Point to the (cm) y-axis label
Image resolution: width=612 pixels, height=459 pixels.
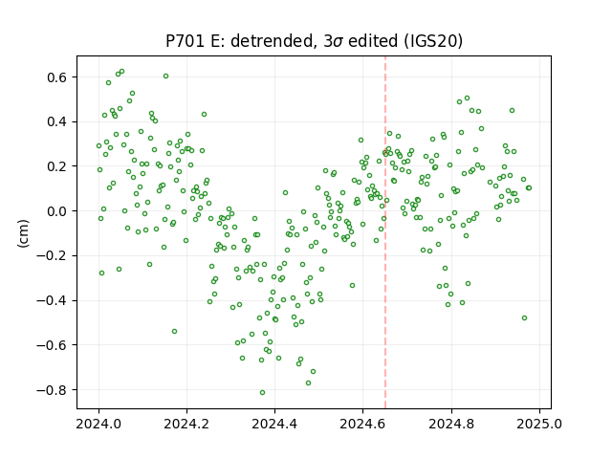click(x=23, y=233)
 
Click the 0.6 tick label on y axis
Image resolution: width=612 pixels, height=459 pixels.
click(x=57, y=77)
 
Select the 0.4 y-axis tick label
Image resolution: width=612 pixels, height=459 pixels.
click(x=57, y=121)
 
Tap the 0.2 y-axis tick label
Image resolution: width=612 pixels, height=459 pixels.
click(x=57, y=166)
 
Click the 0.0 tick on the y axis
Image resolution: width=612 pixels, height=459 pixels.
click(x=57, y=211)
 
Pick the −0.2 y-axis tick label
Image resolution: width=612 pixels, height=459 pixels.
click(x=52, y=256)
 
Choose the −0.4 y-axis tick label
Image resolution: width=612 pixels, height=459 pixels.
click(x=52, y=300)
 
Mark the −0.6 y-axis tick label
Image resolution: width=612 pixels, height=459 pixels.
click(x=52, y=345)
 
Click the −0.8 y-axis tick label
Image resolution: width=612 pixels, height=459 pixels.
click(x=52, y=390)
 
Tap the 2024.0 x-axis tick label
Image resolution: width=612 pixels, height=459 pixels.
click(x=98, y=424)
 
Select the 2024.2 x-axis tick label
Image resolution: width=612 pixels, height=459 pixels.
click(x=186, y=424)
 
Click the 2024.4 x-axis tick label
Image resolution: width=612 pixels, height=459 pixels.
click(x=274, y=424)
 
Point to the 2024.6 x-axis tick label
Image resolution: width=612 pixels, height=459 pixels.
click(x=362, y=424)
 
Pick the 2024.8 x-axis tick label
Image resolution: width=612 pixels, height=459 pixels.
click(x=451, y=424)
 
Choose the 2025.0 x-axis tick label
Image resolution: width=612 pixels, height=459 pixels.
click(x=539, y=424)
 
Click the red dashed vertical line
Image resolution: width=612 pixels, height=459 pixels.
click(x=385, y=232)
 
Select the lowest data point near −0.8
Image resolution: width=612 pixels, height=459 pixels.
click(x=262, y=393)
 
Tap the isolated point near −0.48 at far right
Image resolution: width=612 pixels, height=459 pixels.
click(x=525, y=318)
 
